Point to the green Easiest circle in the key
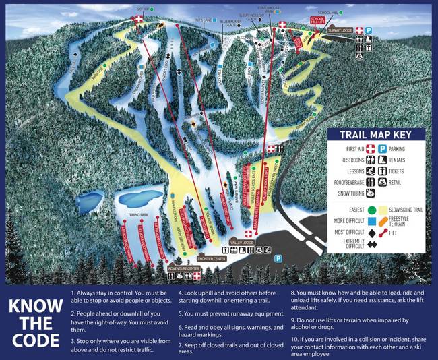(x=370, y=209)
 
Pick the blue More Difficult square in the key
(x=370, y=220)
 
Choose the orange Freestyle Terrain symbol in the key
(x=383, y=220)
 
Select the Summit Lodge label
(x=340, y=30)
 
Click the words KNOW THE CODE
(x=33, y=322)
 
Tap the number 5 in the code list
(x=180, y=313)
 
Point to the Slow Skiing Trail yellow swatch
(x=383, y=209)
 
